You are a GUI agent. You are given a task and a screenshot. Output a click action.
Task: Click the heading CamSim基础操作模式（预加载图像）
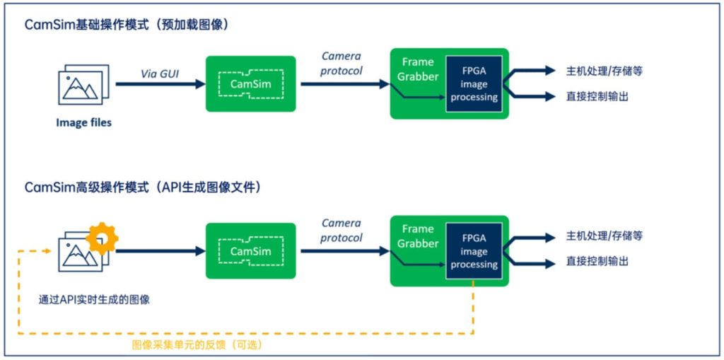click(127, 25)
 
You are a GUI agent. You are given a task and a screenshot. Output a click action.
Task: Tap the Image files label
click(83, 123)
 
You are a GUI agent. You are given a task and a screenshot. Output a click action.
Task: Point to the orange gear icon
click(102, 238)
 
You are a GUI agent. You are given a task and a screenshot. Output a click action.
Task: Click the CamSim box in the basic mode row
click(250, 83)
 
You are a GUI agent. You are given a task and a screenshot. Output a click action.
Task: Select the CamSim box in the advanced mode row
click(250, 250)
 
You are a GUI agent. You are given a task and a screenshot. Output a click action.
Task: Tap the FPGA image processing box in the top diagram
click(474, 83)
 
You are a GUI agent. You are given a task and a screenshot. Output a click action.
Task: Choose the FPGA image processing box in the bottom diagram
click(474, 251)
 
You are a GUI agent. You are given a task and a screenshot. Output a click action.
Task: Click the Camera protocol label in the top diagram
click(341, 64)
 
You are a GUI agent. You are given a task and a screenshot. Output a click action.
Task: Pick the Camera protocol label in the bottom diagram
click(341, 230)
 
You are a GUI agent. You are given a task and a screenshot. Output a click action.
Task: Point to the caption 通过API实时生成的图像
click(94, 300)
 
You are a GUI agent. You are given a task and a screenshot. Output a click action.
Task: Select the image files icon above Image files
click(83, 85)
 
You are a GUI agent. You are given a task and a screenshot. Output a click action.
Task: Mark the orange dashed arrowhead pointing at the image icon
click(47, 251)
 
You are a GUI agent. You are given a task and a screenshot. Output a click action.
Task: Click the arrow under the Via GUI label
click(160, 84)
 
